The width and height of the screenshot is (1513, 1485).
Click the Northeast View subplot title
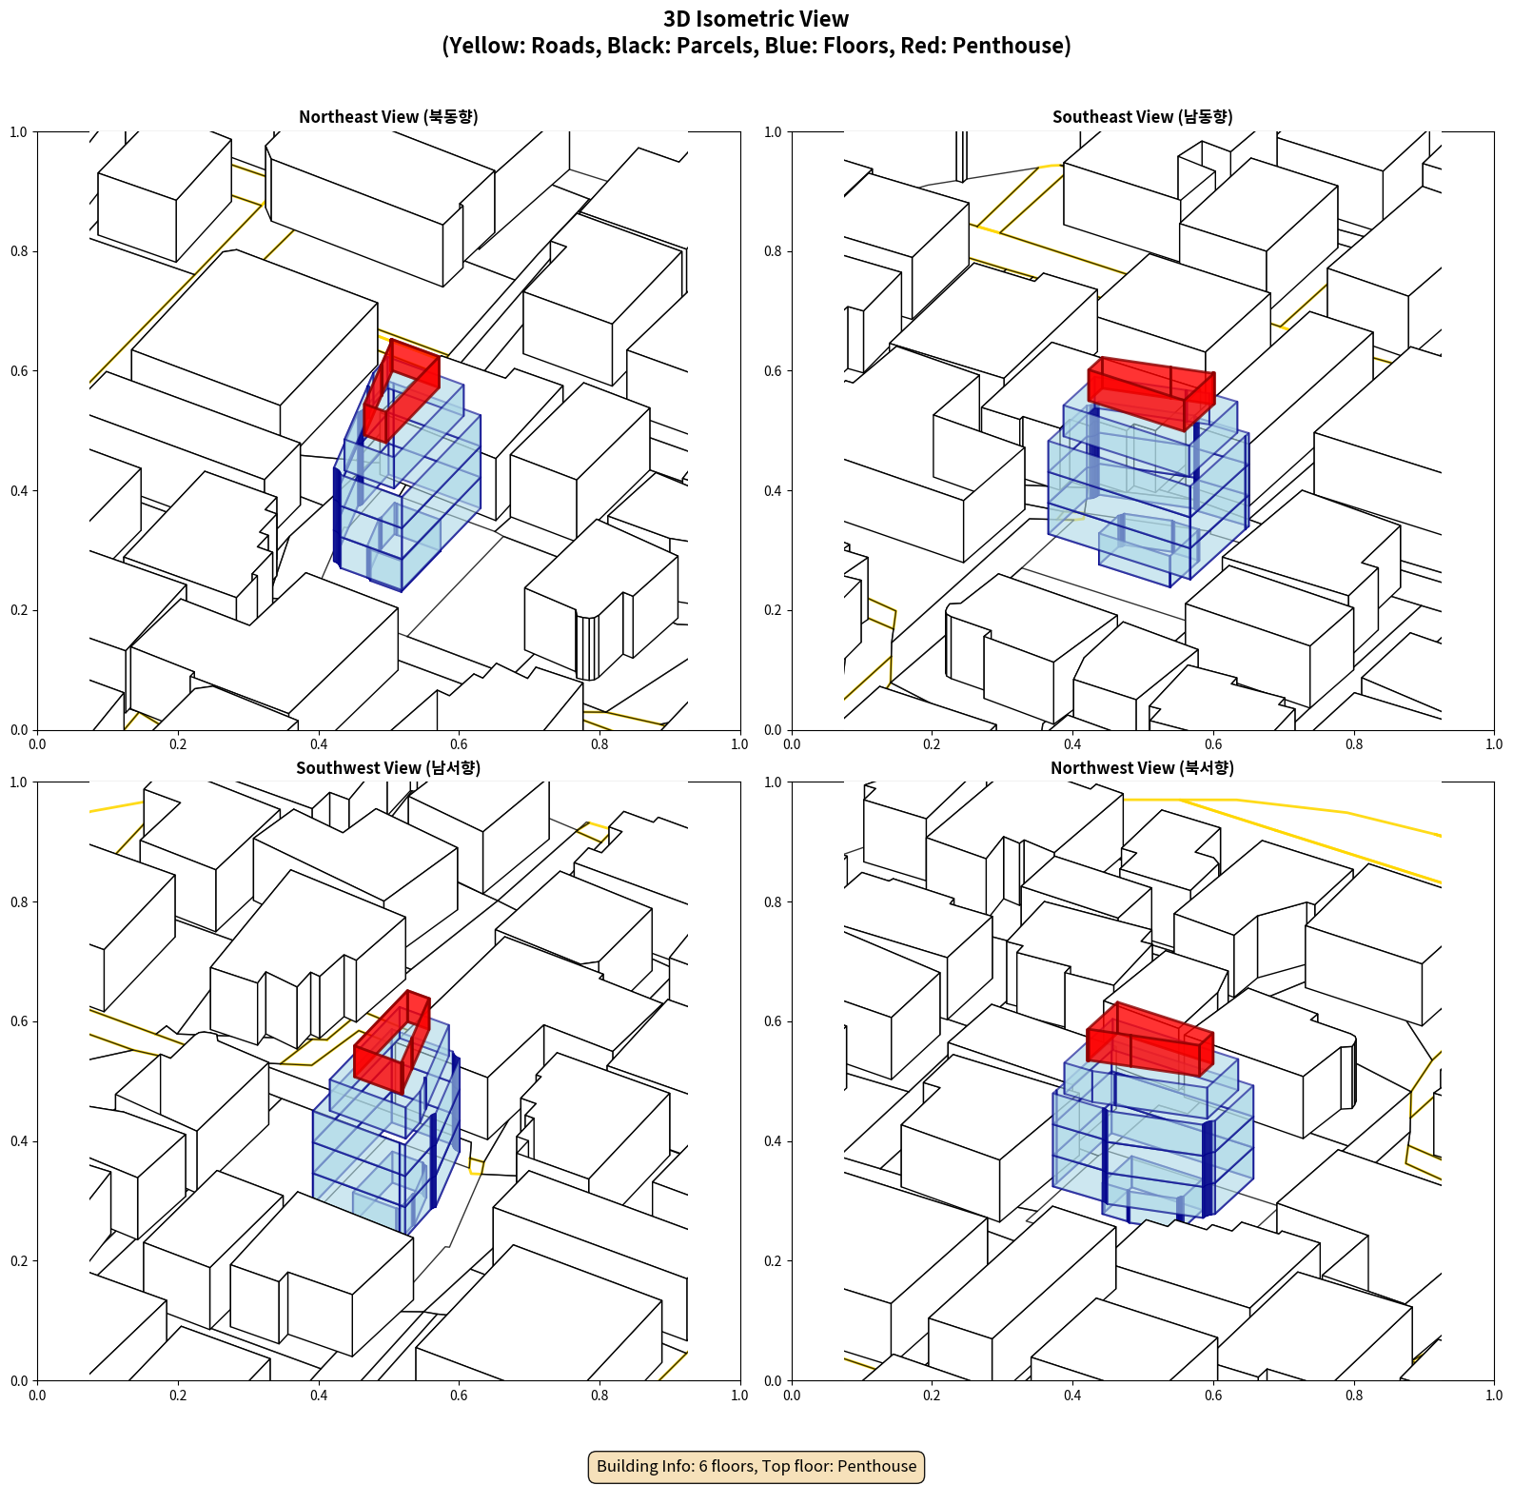click(x=388, y=117)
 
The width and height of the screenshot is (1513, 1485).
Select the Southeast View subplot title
click(x=1142, y=117)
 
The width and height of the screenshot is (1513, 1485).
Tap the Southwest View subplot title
click(x=388, y=768)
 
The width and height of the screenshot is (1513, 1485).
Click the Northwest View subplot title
click(x=1142, y=768)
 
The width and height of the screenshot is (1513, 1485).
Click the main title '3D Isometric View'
click(x=756, y=19)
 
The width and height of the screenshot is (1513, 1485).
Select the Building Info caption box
click(x=756, y=1466)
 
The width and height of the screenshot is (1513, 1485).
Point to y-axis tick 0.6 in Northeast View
click(x=19, y=371)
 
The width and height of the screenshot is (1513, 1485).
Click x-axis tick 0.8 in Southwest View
click(x=599, y=1396)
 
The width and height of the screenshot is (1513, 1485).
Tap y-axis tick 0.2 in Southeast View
click(x=773, y=610)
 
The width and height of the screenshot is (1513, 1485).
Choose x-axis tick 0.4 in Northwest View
click(x=1072, y=1396)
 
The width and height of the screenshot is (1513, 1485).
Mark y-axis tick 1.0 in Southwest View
click(x=19, y=782)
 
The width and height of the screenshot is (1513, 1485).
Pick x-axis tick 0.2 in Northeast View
click(x=178, y=744)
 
